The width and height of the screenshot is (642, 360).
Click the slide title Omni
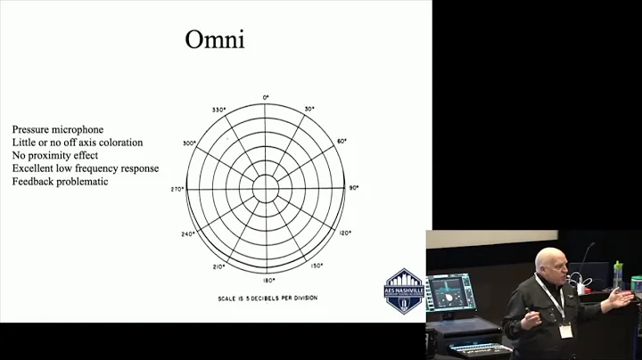click(214, 41)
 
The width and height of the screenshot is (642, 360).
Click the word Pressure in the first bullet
click(30, 129)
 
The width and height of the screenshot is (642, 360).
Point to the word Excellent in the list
click(33, 169)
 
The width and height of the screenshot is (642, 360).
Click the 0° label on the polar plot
click(265, 96)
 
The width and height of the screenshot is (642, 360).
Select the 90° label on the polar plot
click(353, 188)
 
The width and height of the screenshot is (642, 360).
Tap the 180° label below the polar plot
click(265, 279)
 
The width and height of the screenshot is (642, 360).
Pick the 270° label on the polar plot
click(177, 189)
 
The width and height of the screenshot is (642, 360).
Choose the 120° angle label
click(344, 233)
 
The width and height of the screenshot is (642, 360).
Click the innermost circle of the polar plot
click(265, 187)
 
